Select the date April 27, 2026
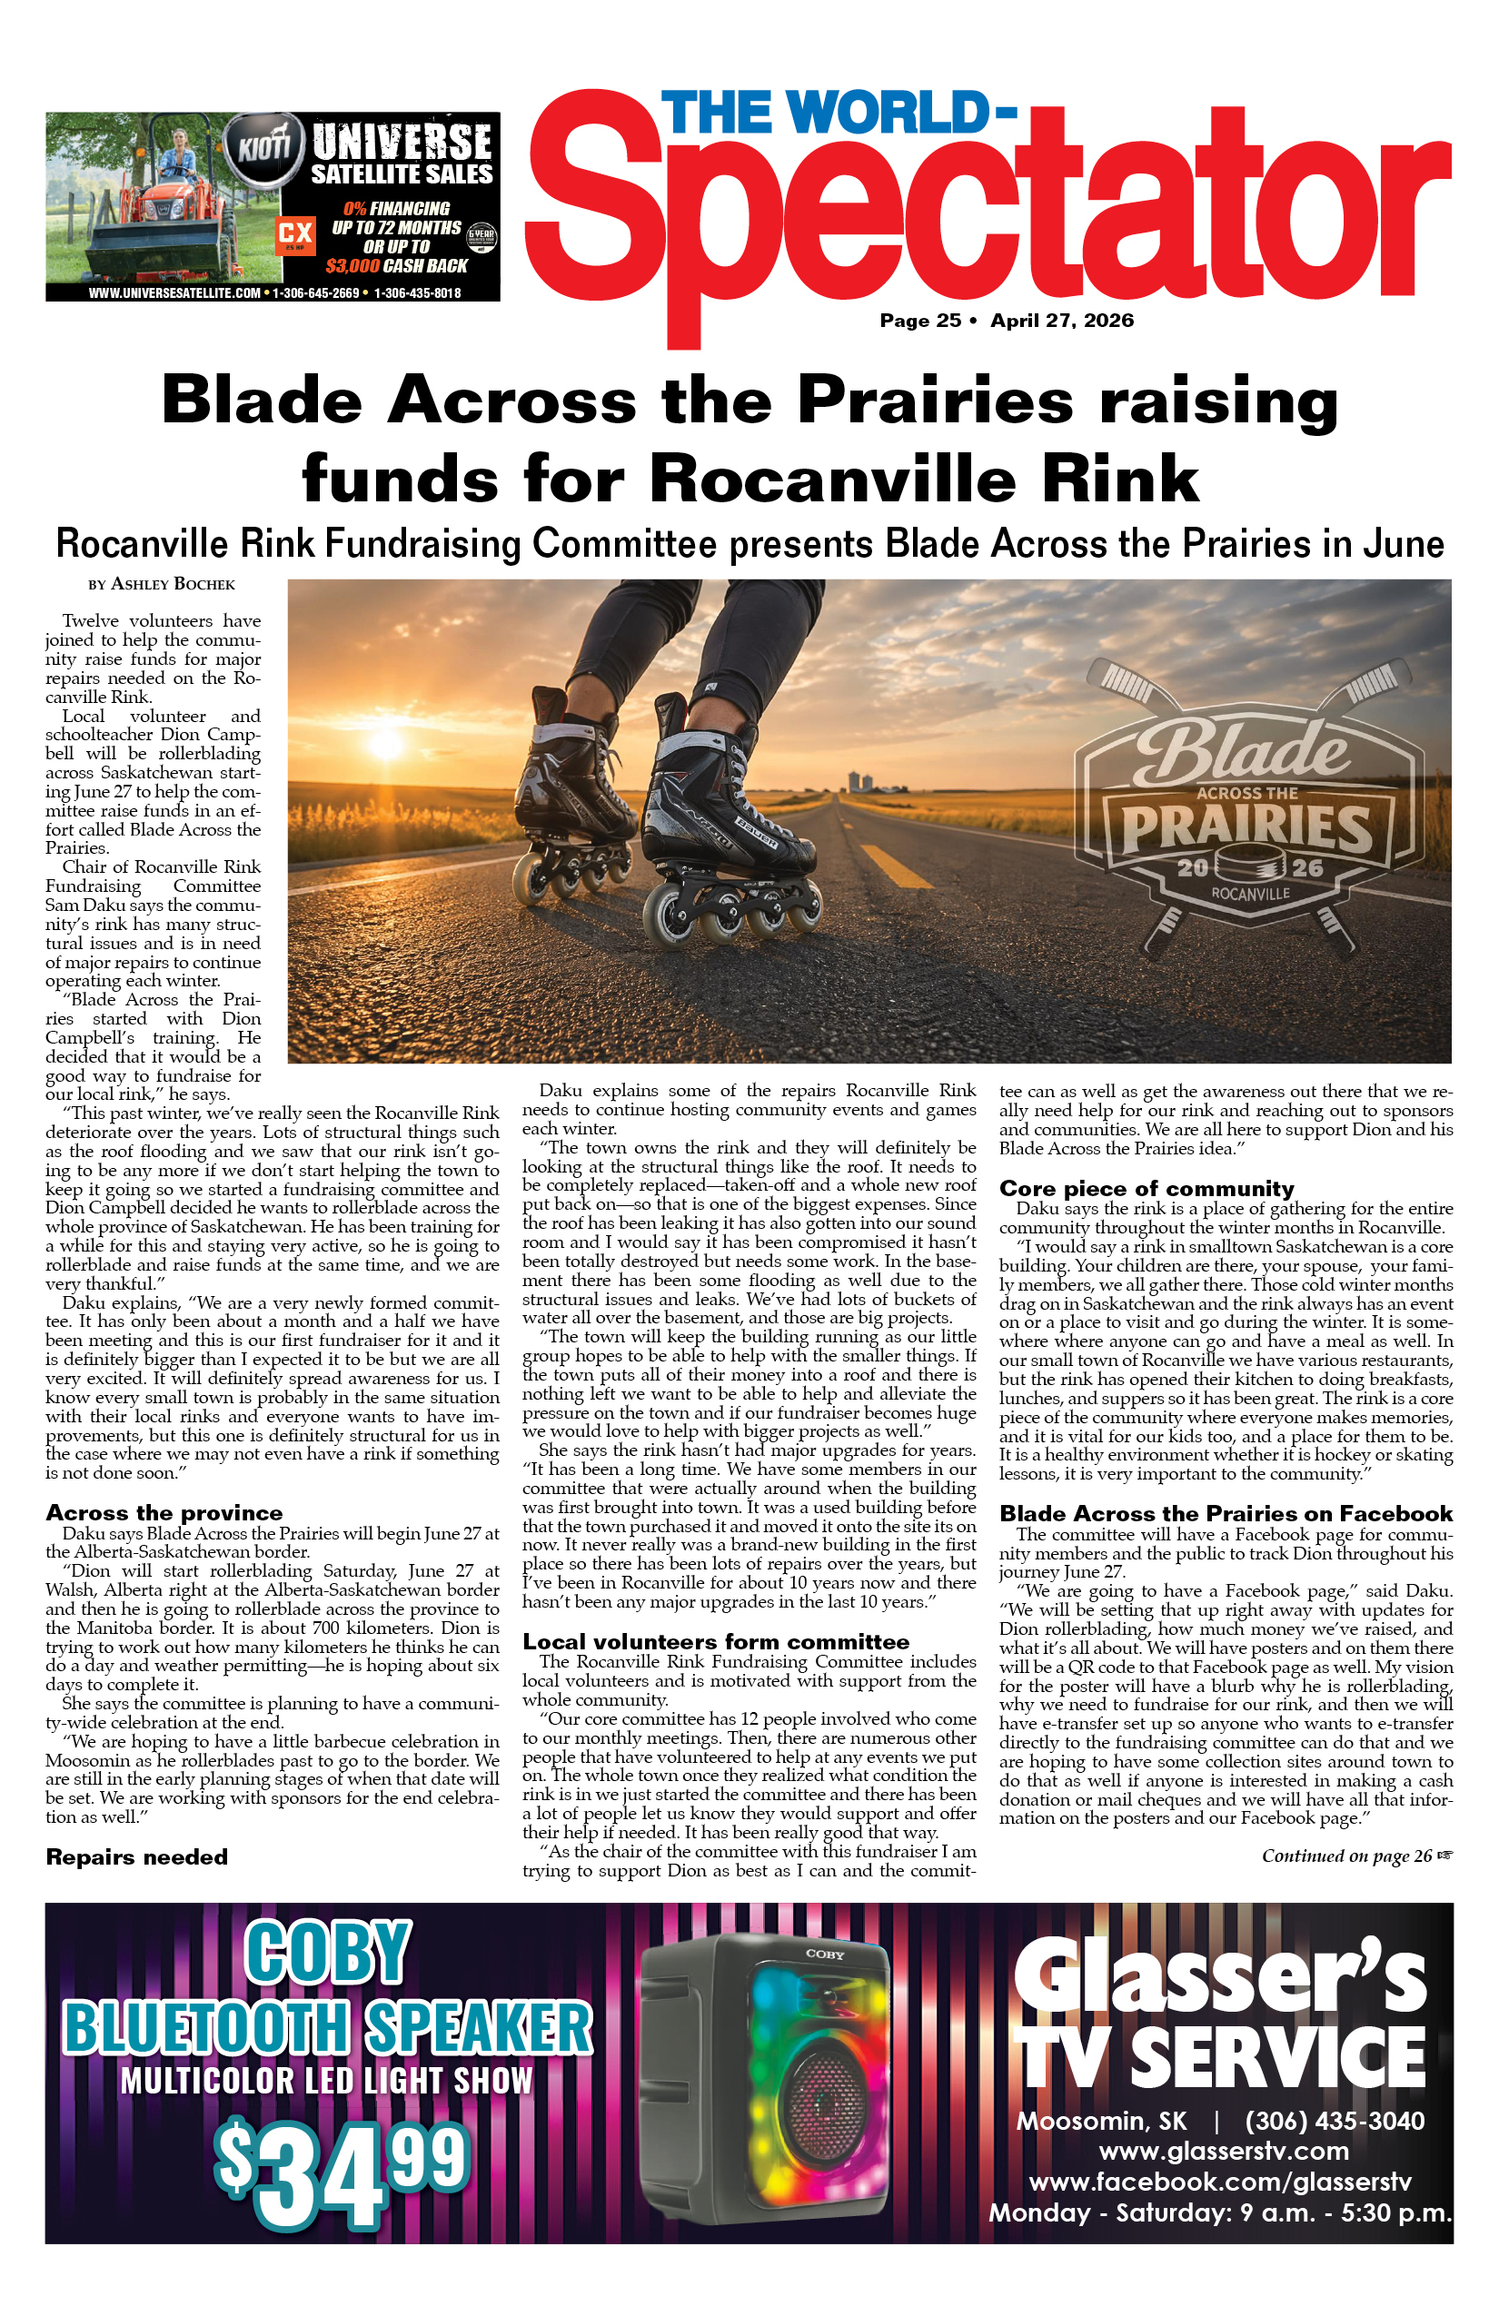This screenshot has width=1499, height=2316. (x=1062, y=322)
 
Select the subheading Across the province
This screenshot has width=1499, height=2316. (x=164, y=1512)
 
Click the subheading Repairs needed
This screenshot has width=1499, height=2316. (x=136, y=1856)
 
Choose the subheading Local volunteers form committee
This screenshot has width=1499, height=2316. (x=716, y=1642)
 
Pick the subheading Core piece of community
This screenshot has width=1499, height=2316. (x=1146, y=1188)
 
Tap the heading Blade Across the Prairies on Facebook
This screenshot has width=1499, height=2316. (x=1226, y=1513)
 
